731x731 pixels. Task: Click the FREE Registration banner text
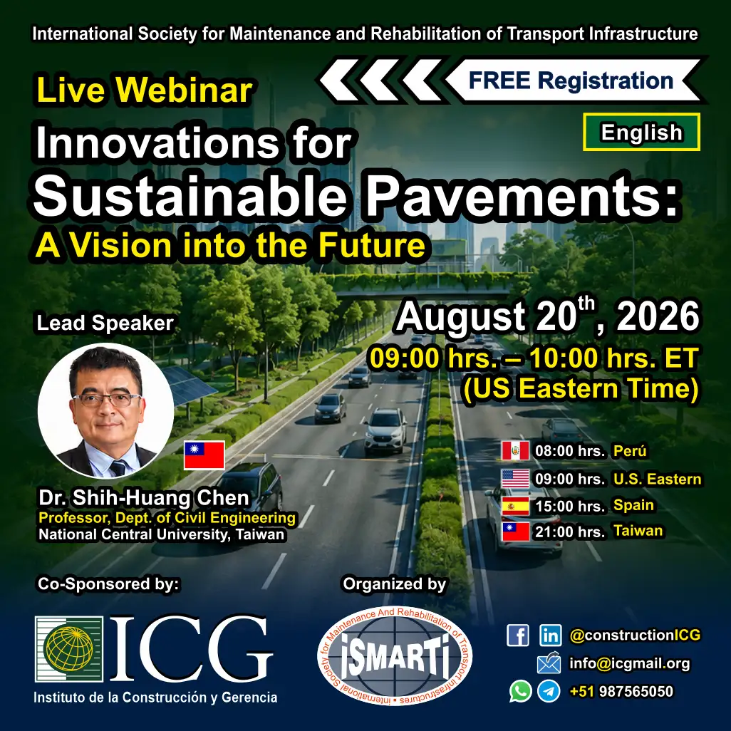571,81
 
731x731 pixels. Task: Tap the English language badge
641,132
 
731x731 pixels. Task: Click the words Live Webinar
145,90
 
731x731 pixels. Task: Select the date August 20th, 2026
548,316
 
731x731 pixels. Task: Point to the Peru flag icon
515,451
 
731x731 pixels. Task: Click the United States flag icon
515,479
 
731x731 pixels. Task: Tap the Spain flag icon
515,506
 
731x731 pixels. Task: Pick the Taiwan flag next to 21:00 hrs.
515,532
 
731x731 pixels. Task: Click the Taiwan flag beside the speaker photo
204,455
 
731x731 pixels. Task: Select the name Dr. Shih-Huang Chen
144,498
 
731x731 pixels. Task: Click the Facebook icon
518,636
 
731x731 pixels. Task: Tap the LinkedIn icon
550,636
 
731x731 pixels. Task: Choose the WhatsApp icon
520,691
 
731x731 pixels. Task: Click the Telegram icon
549,691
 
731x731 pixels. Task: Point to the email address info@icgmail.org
630,663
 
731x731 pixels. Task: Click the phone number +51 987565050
621,691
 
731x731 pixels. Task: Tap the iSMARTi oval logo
395,655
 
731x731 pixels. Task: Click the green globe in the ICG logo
68,648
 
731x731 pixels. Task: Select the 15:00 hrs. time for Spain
570,506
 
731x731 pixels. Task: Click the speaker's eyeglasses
107,400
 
